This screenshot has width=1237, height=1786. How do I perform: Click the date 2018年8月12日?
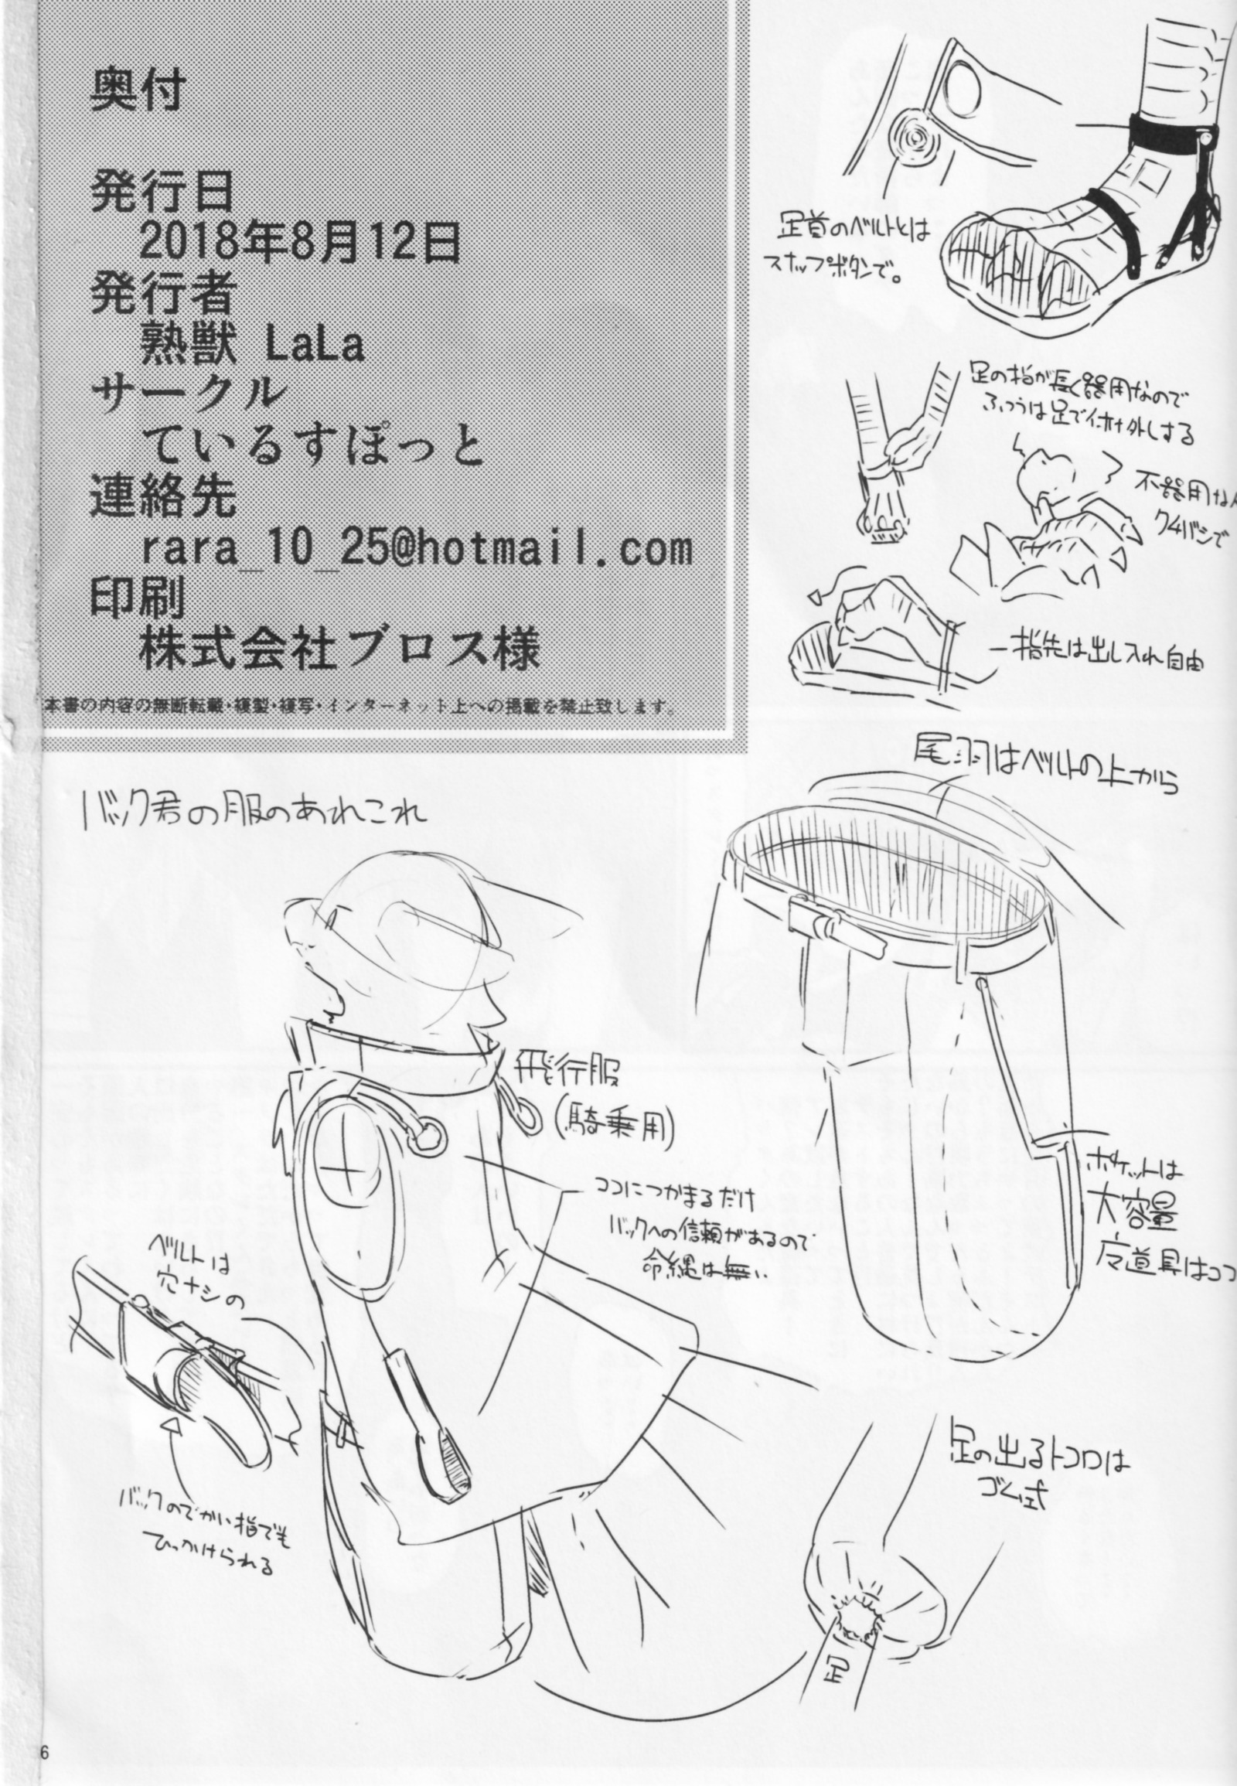[299, 245]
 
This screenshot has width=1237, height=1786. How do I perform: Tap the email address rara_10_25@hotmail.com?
[416, 549]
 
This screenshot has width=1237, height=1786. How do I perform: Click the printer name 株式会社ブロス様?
[339, 649]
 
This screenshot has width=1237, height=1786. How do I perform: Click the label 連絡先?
[163, 498]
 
